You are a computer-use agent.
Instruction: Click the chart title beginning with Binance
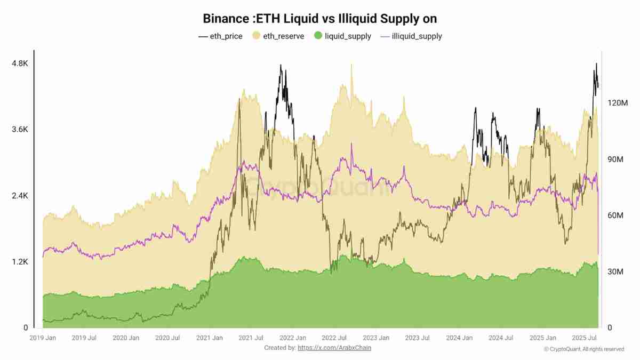click(320, 18)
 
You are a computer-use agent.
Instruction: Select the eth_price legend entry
click(220, 36)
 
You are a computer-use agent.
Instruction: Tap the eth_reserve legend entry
click(278, 36)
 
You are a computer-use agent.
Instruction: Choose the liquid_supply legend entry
click(342, 36)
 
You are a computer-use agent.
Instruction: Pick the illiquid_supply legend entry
click(411, 36)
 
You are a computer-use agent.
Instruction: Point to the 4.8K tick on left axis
click(20, 63)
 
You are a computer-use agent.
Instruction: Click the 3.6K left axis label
click(20, 130)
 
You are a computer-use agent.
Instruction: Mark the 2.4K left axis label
click(20, 196)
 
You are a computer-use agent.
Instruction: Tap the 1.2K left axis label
click(20, 262)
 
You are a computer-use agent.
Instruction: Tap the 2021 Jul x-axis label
click(250, 338)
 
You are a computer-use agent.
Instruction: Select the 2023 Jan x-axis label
click(377, 338)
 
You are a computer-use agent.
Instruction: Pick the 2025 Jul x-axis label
click(585, 338)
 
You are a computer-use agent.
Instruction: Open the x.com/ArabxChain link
click(334, 348)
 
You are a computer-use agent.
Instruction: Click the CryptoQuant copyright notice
click(584, 349)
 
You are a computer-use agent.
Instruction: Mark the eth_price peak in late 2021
click(281, 66)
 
